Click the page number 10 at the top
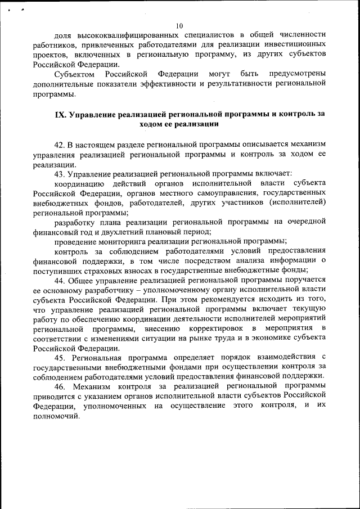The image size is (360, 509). pos(179,25)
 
